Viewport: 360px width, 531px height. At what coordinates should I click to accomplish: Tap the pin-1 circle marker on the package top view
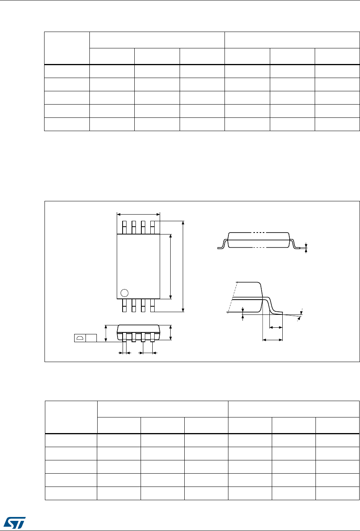coord(125,293)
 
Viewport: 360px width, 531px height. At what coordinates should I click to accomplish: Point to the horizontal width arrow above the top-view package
coord(139,214)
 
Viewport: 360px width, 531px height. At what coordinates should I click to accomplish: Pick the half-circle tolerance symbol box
coord(80,338)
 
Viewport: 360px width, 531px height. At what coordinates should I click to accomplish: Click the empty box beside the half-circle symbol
coord(91,338)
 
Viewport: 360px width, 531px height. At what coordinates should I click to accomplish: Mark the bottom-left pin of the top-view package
coord(124,305)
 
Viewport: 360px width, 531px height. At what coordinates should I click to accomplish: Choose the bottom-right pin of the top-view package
coord(153,305)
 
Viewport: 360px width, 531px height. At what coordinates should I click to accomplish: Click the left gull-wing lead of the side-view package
coord(221,245)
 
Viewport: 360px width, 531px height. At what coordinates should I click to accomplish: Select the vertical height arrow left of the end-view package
coord(105,333)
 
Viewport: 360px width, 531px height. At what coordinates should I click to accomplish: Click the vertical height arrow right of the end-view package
coord(171,332)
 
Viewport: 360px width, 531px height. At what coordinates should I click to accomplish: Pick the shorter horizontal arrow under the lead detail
coord(276,328)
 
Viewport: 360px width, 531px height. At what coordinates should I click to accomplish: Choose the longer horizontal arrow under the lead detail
coord(272,340)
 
